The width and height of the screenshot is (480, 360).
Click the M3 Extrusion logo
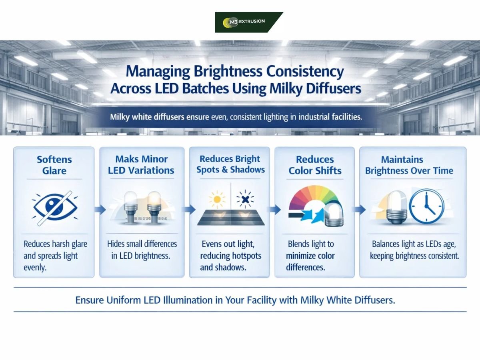click(249, 22)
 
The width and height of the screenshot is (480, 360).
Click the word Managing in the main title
click(158, 72)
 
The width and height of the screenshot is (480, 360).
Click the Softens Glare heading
click(54, 165)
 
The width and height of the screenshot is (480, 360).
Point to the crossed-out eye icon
click(55, 208)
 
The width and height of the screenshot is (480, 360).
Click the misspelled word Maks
click(125, 159)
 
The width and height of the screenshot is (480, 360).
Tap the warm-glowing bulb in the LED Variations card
click(154, 208)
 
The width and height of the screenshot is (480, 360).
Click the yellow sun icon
click(217, 199)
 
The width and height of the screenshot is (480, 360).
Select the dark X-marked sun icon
click(245, 199)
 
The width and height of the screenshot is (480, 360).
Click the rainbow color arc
click(314, 199)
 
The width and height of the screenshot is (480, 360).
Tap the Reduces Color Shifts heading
click(315, 165)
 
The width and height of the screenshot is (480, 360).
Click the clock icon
click(427, 206)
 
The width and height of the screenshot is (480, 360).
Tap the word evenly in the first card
click(35, 267)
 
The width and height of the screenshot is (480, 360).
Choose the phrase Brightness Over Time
click(409, 171)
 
